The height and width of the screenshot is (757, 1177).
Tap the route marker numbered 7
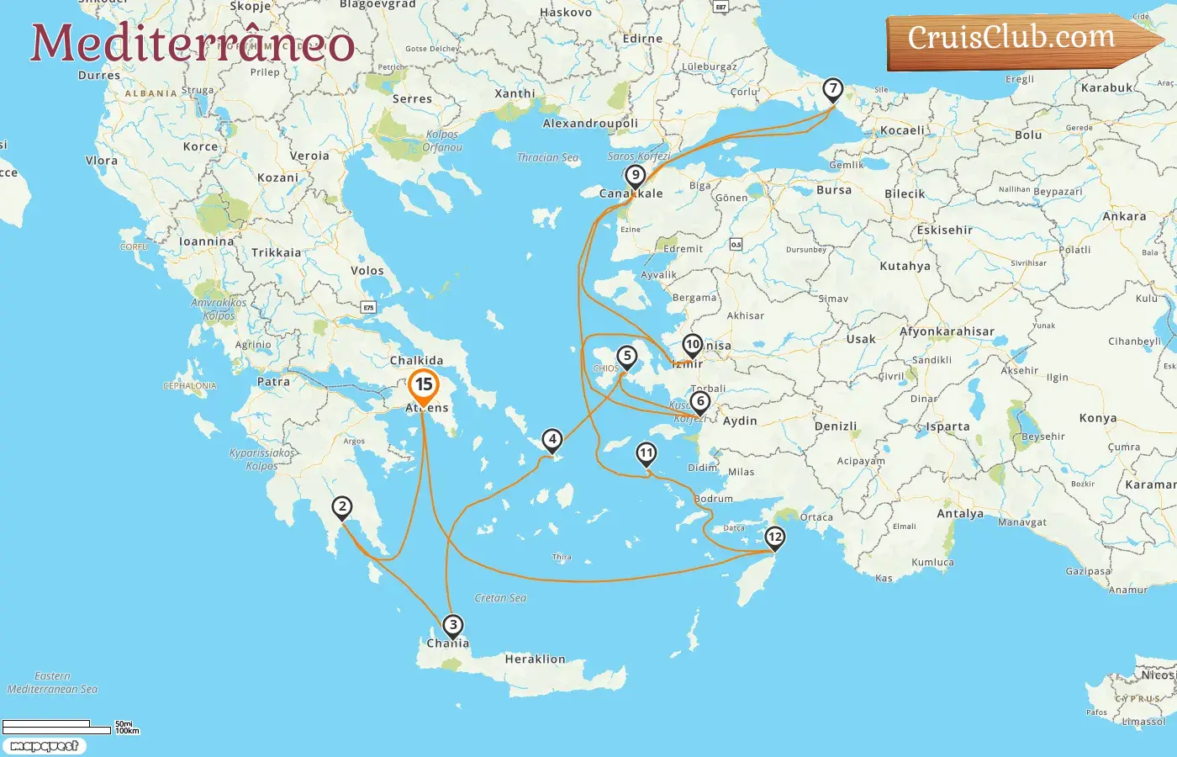pyautogui.click(x=832, y=88)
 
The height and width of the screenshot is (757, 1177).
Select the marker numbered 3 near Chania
pyautogui.click(x=453, y=625)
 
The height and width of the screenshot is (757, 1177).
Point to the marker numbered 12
pyautogui.click(x=774, y=537)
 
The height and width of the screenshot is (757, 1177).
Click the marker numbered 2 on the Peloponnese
pyautogui.click(x=341, y=506)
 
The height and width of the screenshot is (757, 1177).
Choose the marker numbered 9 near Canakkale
pyautogui.click(x=636, y=176)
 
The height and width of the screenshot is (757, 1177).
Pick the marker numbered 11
pyautogui.click(x=646, y=454)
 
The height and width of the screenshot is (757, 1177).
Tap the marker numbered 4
pyautogui.click(x=552, y=439)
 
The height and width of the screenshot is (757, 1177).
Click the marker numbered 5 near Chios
pyautogui.click(x=626, y=356)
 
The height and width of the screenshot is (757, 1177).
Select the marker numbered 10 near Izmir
pyautogui.click(x=693, y=344)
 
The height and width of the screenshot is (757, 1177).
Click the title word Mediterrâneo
pyautogui.click(x=193, y=44)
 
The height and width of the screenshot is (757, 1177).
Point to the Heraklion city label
pyautogui.click(x=535, y=659)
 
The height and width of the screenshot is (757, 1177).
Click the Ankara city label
pyautogui.click(x=1124, y=216)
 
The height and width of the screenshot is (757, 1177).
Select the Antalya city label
pyautogui.click(x=960, y=514)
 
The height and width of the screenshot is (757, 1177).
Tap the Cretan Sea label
pyautogui.click(x=500, y=598)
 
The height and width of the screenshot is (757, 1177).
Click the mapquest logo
pyautogui.click(x=44, y=746)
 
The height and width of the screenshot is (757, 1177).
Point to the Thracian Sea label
pyautogui.click(x=547, y=157)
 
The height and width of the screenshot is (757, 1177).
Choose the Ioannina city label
pyautogui.click(x=207, y=241)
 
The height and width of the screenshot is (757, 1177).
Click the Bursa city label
pyautogui.click(x=834, y=190)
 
